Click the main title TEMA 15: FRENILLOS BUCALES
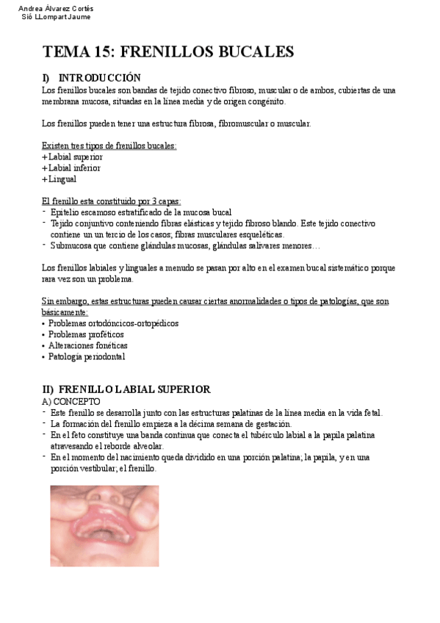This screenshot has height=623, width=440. (168, 51)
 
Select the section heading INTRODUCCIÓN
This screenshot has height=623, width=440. (99, 78)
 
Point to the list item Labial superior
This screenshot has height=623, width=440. (75, 156)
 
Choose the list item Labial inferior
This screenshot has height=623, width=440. (74, 168)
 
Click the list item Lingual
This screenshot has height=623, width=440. (62, 179)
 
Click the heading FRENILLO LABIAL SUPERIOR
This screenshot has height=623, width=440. (134, 389)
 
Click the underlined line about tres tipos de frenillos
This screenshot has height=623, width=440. (109, 145)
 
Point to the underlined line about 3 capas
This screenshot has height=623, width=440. (112, 201)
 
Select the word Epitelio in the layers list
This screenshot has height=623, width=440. (64, 212)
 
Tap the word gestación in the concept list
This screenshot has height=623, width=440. (274, 424)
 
